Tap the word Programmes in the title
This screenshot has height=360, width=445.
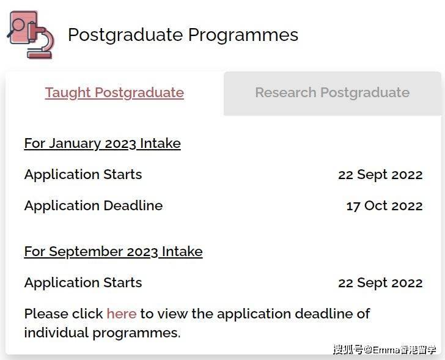point(243,35)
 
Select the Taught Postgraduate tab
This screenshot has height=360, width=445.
point(114,93)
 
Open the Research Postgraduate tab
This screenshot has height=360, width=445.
point(333,92)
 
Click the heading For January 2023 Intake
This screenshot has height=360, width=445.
point(103,143)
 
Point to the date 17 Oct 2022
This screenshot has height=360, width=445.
point(384,206)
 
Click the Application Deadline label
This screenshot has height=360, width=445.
point(94,205)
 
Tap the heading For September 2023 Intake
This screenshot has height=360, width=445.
point(113,251)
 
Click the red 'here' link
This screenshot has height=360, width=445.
point(122,314)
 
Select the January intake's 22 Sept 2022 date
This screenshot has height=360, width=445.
point(380,174)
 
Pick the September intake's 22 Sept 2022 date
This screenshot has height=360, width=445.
point(380,282)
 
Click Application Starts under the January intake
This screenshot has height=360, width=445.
point(83,174)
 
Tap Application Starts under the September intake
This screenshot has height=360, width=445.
point(83,282)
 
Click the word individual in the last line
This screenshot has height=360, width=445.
point(56,332)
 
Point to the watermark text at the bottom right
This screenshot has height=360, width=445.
point(384,350)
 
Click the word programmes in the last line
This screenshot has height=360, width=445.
point(136,333)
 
